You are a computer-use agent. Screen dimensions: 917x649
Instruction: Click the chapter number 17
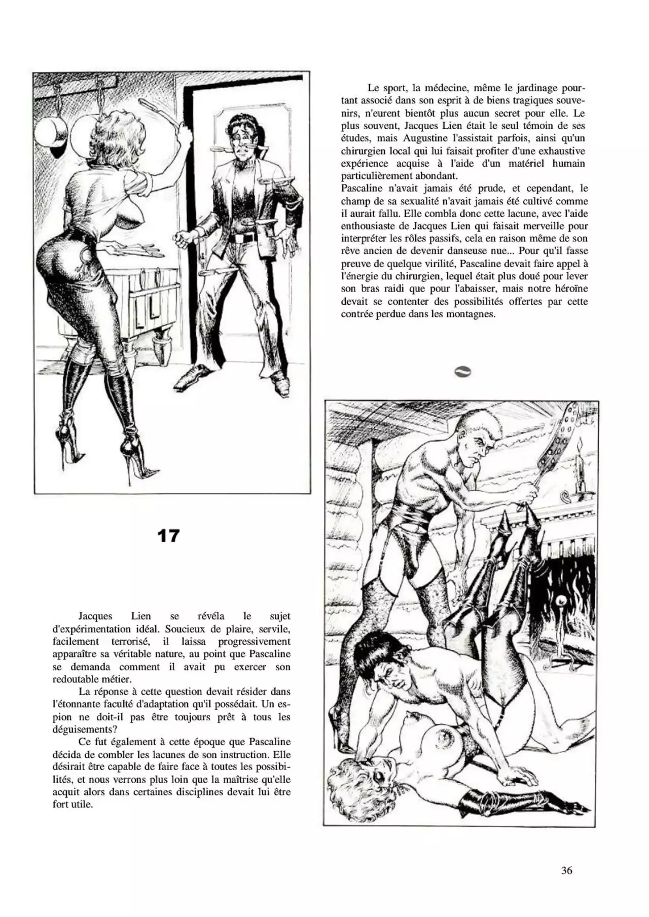tap(168, 536)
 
